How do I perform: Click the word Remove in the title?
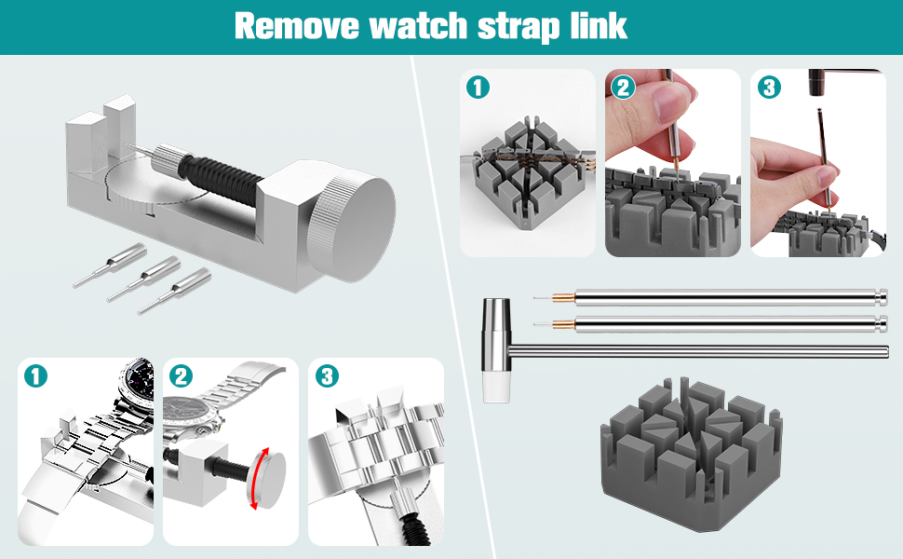[x=295, y=26]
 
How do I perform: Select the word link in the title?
[x=598, y=26]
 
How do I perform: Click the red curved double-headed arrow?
[x=257, y=478]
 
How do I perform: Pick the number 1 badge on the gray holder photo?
[x=478, y=88]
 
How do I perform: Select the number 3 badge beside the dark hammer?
[x=768, y=88]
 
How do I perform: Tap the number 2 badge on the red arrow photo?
[x=182, y=376]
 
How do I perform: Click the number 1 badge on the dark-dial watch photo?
[x=35, y=376]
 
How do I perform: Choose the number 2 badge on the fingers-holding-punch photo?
[x=623, y=88]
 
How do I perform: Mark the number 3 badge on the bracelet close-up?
[x=327, y=376]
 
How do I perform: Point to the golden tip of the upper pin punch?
[x=560, y=298]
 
